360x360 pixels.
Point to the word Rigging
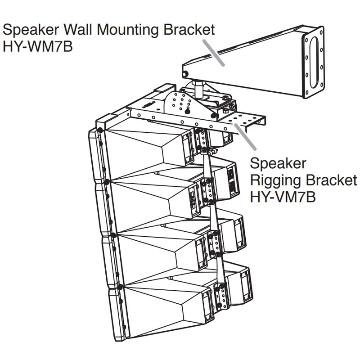pyautogui.click(x=275, y=180)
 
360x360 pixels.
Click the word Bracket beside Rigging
pyautogui.click(x=331, y=180)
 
